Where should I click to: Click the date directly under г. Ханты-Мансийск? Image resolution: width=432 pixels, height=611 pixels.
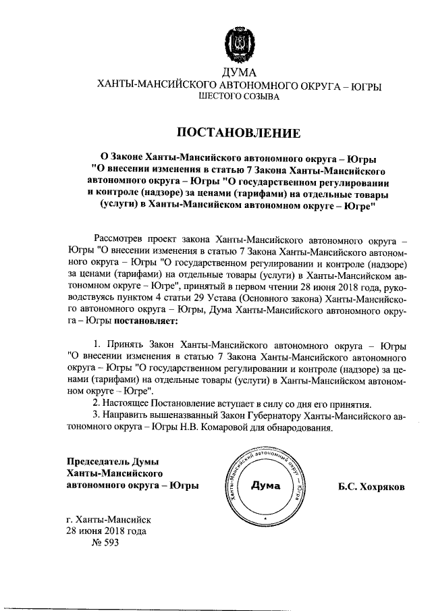tap(105, 531)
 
